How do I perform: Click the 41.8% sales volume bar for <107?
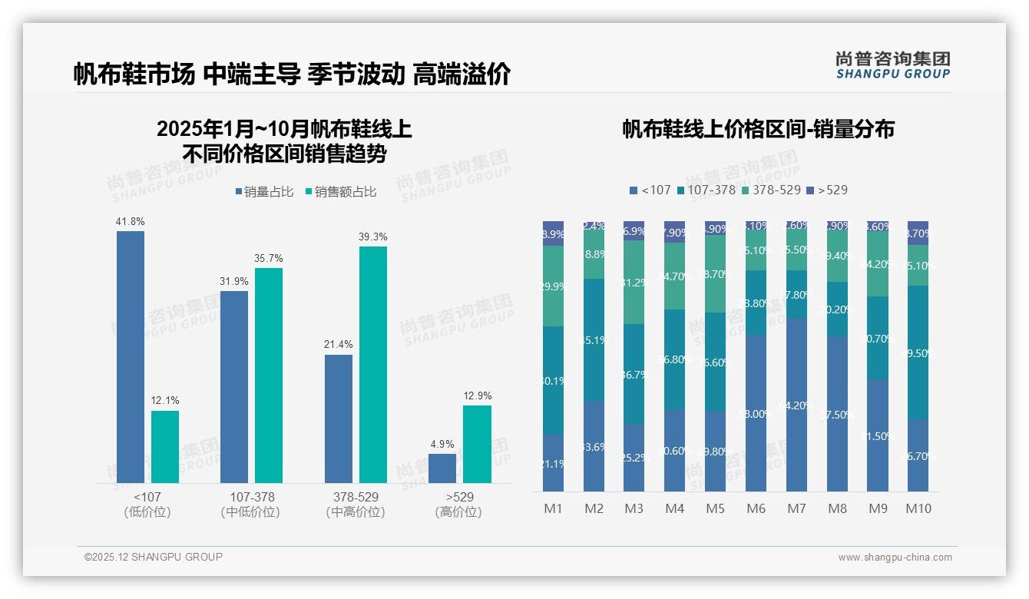(131, 356)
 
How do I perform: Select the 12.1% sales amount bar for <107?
(165, 447)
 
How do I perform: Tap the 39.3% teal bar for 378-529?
(373, 364)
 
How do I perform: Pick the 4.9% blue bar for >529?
(442, 468)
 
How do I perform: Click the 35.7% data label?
(269, 258)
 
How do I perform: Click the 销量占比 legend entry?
(263, 192)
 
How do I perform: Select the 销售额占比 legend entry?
(340, 192)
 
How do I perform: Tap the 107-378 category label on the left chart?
(252, 498)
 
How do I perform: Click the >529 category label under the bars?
(459, 498)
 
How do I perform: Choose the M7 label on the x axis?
(796, 508)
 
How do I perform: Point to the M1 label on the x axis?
(553, 508)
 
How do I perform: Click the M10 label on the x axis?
(918, 508)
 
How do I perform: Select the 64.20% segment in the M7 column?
(796, 405)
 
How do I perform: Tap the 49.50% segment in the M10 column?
(918, 352)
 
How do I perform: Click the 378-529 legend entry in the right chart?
(773, 190)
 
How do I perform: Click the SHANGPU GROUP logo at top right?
(892, 65)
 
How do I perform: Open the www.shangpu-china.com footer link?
(895, 558)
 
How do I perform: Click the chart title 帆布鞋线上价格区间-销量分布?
(758, 129)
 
